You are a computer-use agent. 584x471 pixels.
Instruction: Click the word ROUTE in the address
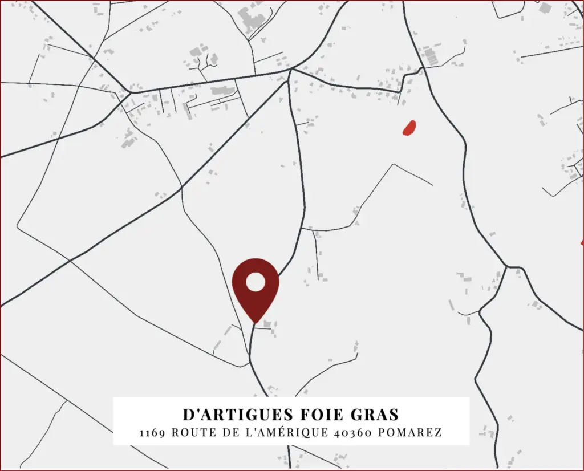tap(193, 433)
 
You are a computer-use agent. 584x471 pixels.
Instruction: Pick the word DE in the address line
tap(231, 433)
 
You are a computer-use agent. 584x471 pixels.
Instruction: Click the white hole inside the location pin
tap(255, 281)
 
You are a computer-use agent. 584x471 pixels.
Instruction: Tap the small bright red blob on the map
tap(409, 128)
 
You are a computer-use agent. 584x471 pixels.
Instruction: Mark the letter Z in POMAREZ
tap(438, 433)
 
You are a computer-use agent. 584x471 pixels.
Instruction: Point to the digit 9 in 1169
tap(162, 433)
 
